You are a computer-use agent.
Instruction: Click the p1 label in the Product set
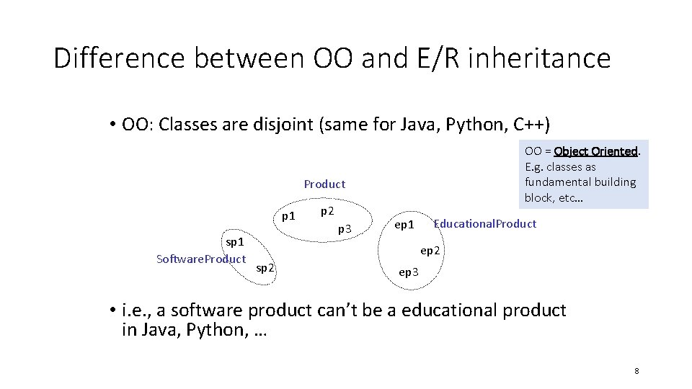[x=288, y=215]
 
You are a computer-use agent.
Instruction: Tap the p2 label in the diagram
[x=327, y=211]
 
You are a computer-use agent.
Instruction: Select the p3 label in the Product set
[x=345, y=229]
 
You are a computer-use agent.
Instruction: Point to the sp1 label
[x=235, y=242]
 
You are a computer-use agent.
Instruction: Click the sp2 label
[x=265, y=268]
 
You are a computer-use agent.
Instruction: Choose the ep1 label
[x=404, y=225]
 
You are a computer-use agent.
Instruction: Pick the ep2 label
[x=430, y=251]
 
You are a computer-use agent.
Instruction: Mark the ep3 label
[x=408, y=272]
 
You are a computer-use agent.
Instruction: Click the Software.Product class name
[x=201, y=259]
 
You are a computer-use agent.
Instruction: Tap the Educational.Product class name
[x=484, y=224]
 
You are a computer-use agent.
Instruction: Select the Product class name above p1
[x=324, y=184]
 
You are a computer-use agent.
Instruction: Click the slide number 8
[x=636, y=371]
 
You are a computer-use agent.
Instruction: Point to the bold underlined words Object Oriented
[x=595, y=151]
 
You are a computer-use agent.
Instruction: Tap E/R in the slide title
[x=436, y=58]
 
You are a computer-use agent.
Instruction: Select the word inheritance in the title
[x=540, y=58]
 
